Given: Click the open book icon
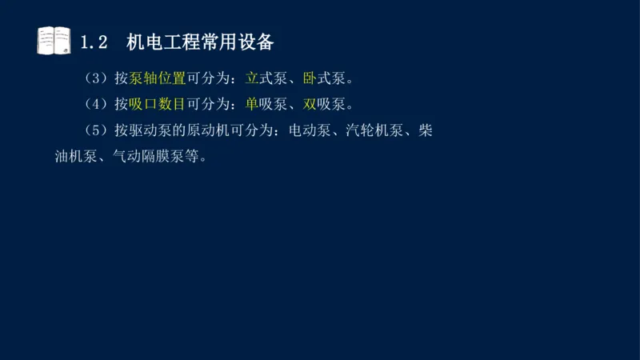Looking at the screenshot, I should tap(54, 41).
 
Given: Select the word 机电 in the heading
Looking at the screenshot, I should tap(144, 42).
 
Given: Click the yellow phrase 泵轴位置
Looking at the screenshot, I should tap(157, 79).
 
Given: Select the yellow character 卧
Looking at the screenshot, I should tap(310, 79).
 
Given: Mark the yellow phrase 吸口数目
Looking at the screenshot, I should tap(157, 104).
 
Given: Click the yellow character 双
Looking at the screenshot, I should tap(310, 104).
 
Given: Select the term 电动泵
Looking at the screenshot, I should tap(310, 130).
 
